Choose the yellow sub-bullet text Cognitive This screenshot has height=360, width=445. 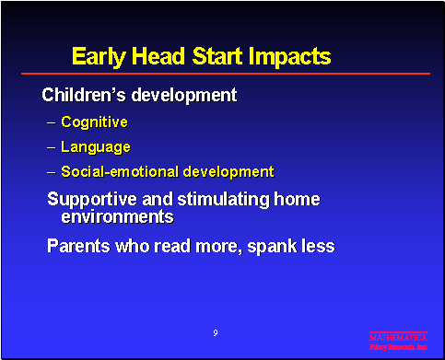pos(94,122)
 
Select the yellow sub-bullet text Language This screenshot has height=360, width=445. pos(96,146)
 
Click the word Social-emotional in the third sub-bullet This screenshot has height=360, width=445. pos(117,171)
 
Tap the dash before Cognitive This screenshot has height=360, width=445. pos(51,122)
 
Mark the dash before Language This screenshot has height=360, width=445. pos(51,146)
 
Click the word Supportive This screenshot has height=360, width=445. pos(90,199)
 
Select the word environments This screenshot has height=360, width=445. pos(117,217)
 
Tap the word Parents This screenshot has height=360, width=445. pos(79,246)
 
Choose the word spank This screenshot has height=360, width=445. pos(273,246)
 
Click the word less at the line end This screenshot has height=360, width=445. pos(316,246)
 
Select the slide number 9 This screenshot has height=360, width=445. pos(215,331)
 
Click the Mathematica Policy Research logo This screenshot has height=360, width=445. pos(398,342)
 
